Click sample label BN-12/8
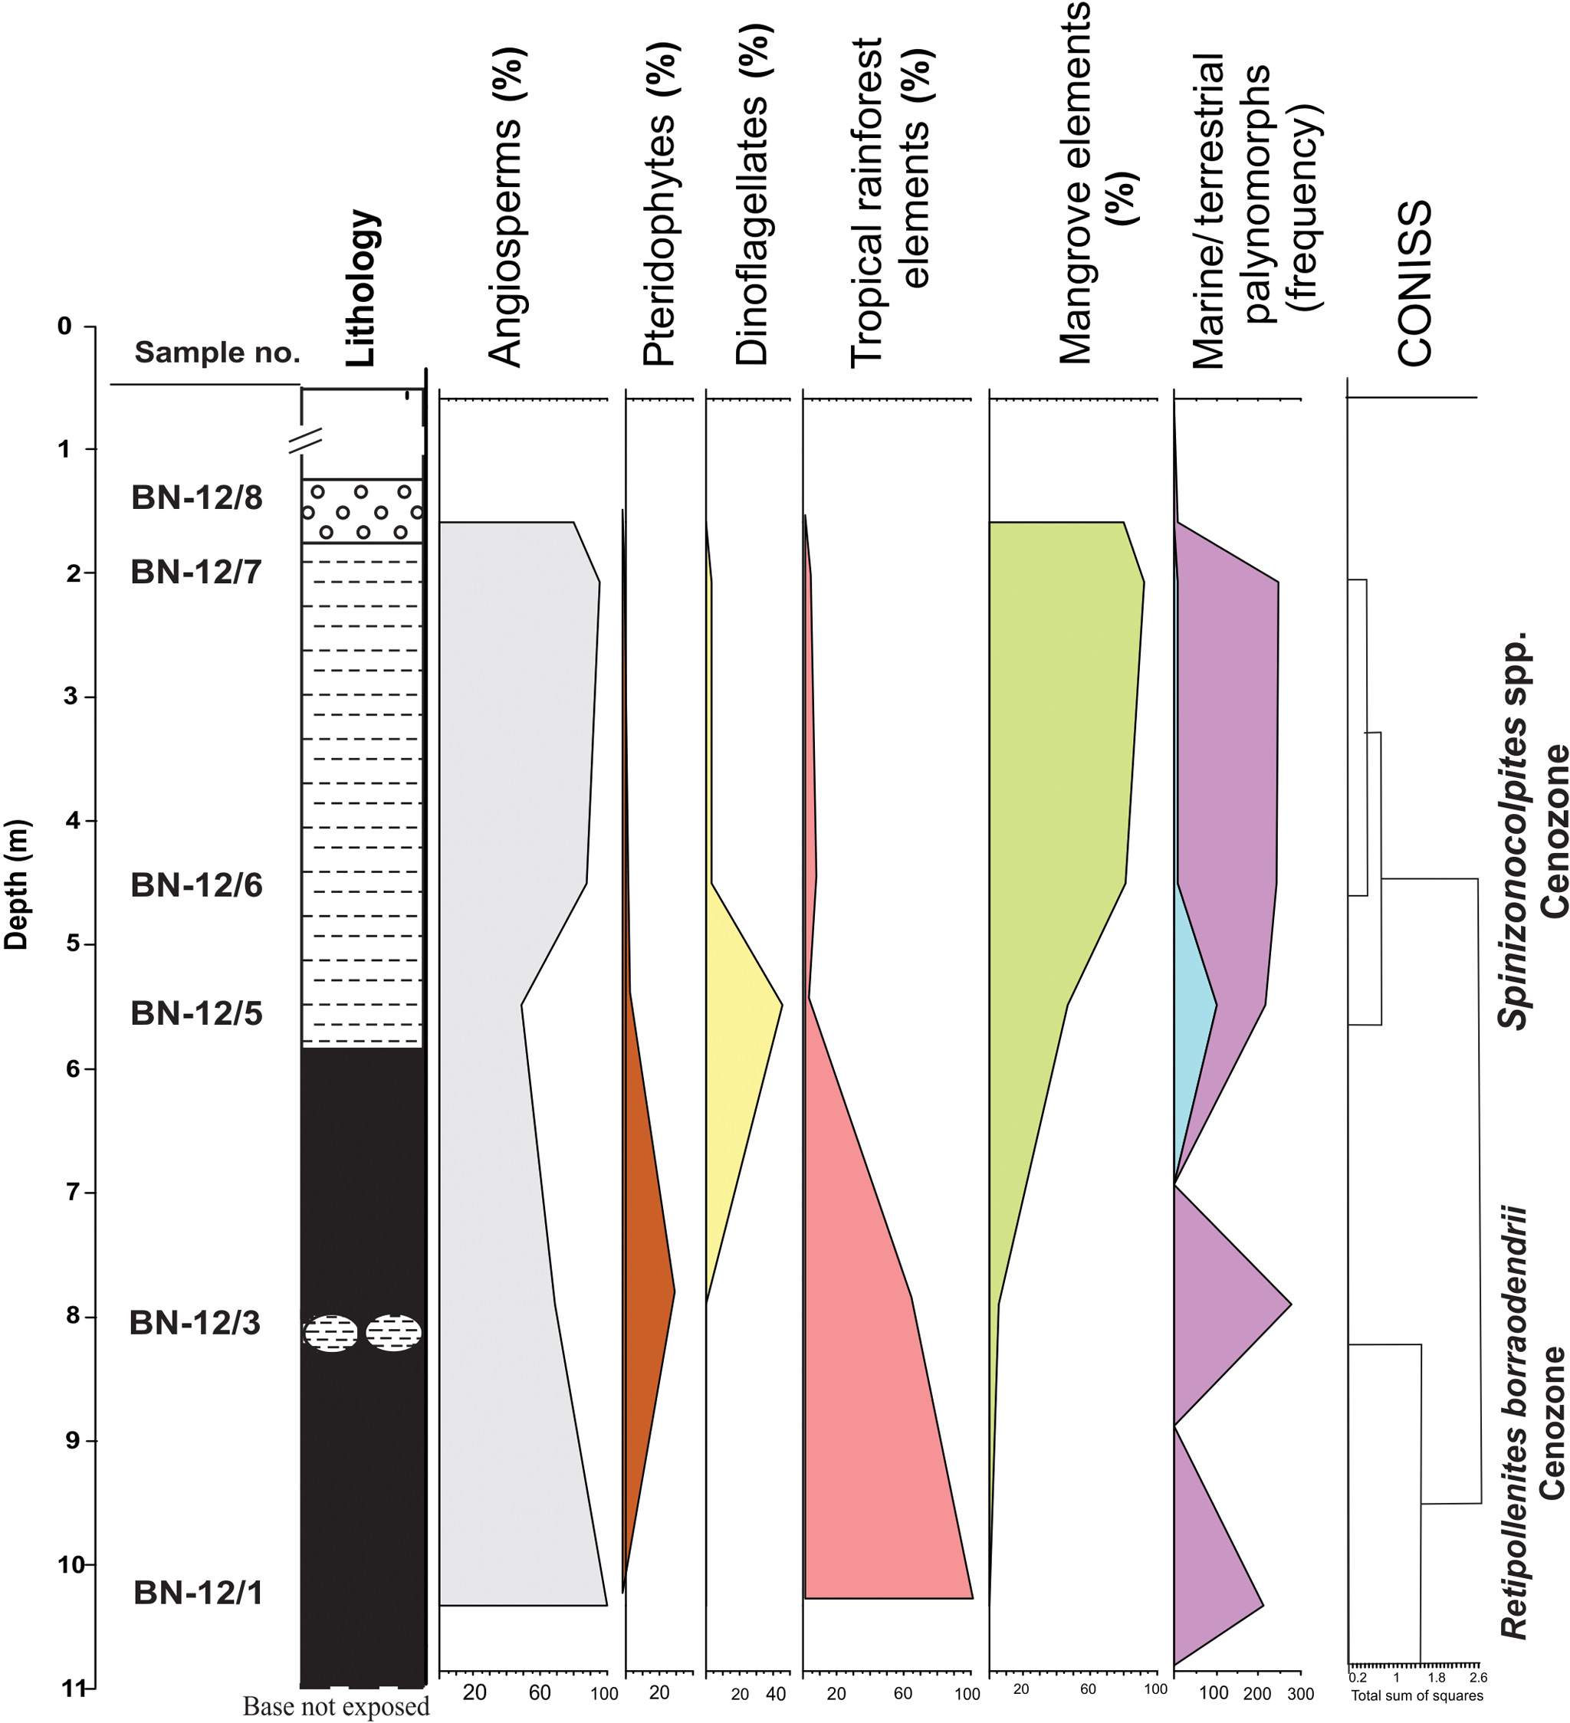coord(196,497)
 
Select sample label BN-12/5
coord(196,1012)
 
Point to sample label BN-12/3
coord(195,1322)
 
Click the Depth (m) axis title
coord(17,884)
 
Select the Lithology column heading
coord(362,288)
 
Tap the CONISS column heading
coord(1414,283)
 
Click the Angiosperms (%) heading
coord(506,208)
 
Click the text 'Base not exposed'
coord(336,1706)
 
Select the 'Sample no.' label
coord(217,351)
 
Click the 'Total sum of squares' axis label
coord(1416,1695)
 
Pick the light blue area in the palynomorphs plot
coord(1192,1026)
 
